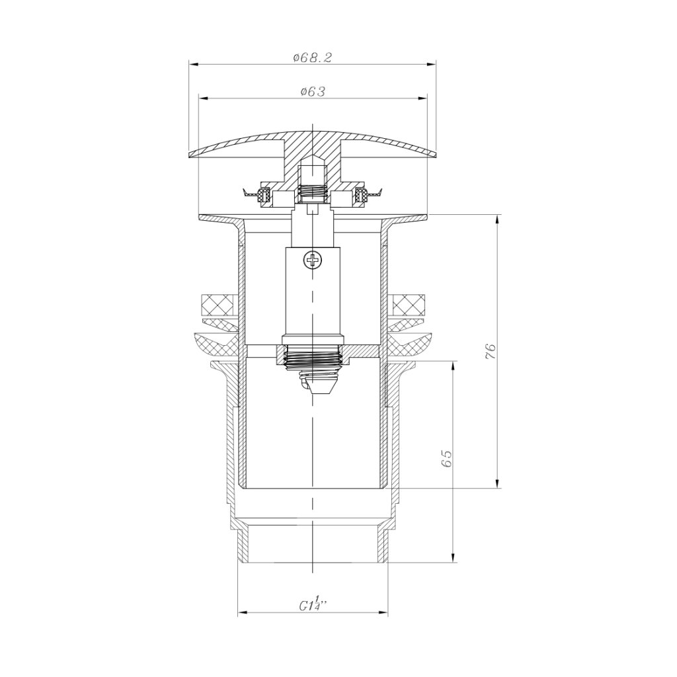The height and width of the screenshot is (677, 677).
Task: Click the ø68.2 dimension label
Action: click(x=312, y=58)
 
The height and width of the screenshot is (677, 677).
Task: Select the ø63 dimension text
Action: click(x=312, y=91)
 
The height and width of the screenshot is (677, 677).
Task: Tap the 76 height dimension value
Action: click(x=490, y=352)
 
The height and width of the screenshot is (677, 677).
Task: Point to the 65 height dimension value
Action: click(x=446, y=458)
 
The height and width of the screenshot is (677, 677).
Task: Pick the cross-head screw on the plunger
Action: click(x=312, y=260)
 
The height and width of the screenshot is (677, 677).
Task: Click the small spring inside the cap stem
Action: click(x=312, y=193)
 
